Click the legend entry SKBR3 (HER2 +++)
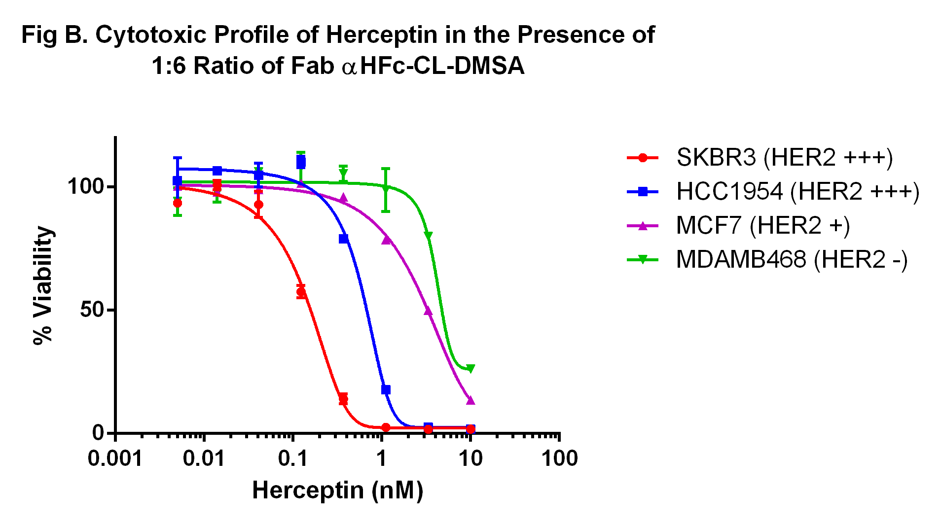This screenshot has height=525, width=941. click(x=784, y=158)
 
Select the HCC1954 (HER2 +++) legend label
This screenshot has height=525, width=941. click(x=797, y=192)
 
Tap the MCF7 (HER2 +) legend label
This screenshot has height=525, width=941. click(x=762, y=226)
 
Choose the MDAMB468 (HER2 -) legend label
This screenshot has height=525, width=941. click(x=791, y=260)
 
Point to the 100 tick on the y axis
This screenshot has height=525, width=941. click(x=86, y=187)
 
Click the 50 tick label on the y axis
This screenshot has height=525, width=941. click(x=92, y=310)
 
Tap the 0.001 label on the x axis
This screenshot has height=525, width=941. click(x=115, y=459)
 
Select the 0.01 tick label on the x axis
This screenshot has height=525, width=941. click(x=204, y=459)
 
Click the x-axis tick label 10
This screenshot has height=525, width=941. click(x=470, y=459)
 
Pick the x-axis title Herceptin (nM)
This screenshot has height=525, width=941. click(x=338, y=490)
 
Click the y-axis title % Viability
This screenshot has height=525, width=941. click(x=43, y=285)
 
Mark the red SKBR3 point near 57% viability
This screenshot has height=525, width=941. click(x=301, y=292)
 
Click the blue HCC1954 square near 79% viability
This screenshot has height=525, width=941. click(x=344, y=239)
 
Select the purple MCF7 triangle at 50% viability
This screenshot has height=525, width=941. click(x=428, y=311)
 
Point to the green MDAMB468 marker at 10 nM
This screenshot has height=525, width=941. click(x=470, y=369)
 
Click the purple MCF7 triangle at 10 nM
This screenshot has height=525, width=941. click(x=470, y=400)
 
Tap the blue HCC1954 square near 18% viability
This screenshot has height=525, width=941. click(x=386, y=390)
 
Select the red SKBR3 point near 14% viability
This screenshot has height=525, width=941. click(x=343, y=399)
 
